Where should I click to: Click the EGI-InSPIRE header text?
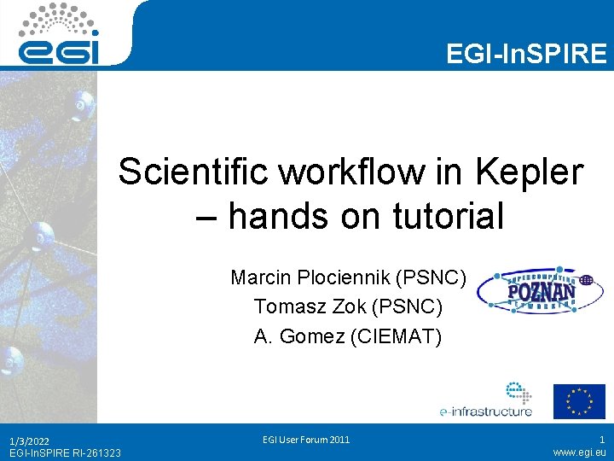pyautogui.click(x=526, y=55)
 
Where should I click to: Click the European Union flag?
pyautogui.click(x=579, y=401)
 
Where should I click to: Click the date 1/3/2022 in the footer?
pyautogui.click(x=29, y=441)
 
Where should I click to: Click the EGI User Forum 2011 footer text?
pyautogui.click(x=307, y=440)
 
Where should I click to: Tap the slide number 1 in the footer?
pyautogui.click(x=601, y=440)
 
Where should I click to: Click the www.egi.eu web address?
pyautogui.click(x=580, y=453)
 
